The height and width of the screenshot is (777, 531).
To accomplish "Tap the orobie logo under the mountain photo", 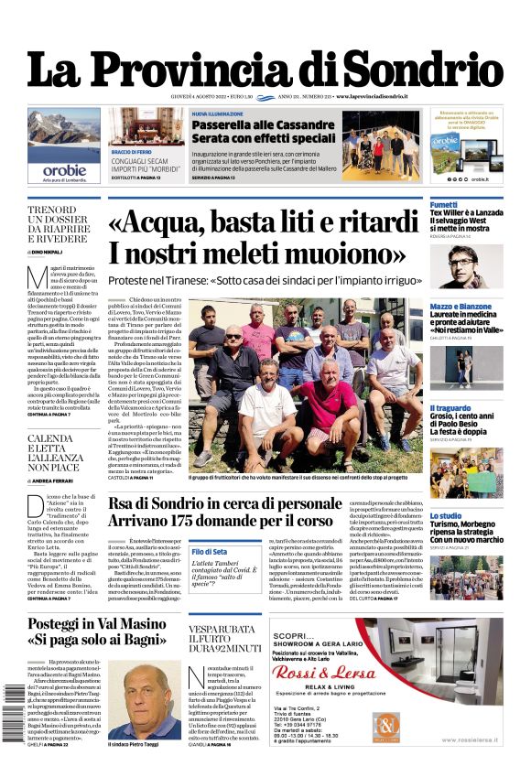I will click(64, 170).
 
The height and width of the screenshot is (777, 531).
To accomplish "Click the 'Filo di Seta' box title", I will click(210, 552).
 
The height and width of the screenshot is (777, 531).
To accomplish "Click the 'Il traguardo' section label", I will click(450, 408).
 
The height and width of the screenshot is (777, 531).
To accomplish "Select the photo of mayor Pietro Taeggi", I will click(144, 701).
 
